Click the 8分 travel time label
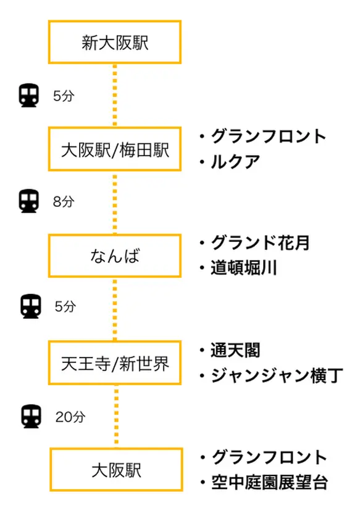pyautogui.click(x=64, y=201)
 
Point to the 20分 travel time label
pyautogui.click(x=70, y=417)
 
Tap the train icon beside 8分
pyautogui.click(x=29, y=201)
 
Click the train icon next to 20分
pyautogui.click(x=31, y=416)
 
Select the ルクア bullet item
pyautogui.click(x=230, y=161)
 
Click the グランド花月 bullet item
pyautogui.click(x=254, y=243)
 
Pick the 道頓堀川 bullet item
pyautogui.click(x=238, y=268)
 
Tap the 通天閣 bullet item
pyautogui.click(x=230, y=350)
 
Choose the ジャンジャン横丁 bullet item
pyautogui.click(x=272, y=375)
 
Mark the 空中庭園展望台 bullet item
pyautogui.click(x=264, y=482)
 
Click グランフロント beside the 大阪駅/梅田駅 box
pyautogui.click(x=263, y=136)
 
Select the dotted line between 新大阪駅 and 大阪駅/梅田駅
pyautogui.click(x=114, y=95)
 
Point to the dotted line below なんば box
pyautogui.click(x=114, y=309)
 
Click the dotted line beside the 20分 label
pyautogui.click(x=116, y=416)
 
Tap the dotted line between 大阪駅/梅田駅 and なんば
pyautogui.click(x=114, y=203)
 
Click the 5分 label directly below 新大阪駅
pyautogui.click(x=64, y=96)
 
